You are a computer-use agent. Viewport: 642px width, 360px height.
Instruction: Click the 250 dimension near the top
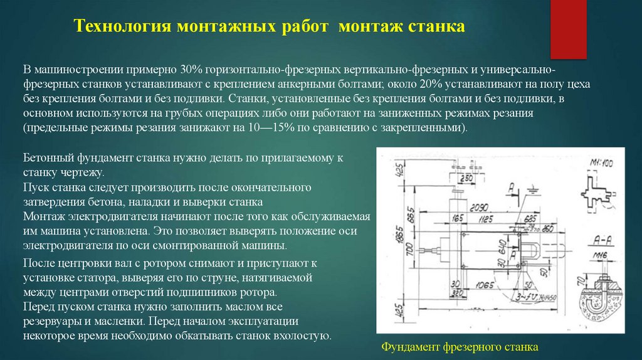465,178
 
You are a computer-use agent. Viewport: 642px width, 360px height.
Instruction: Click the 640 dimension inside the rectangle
507,253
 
